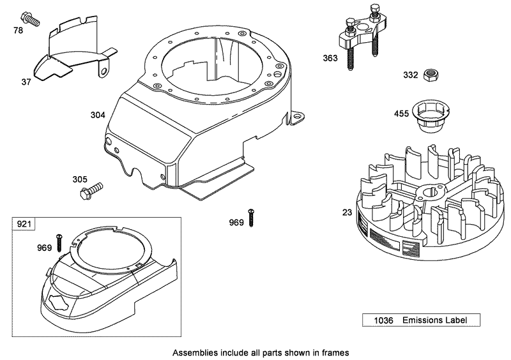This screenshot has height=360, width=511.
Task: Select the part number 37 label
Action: pyautogui.click(x=26, y=81)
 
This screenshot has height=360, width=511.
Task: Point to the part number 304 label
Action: pyautogui.click(x=98, y=116)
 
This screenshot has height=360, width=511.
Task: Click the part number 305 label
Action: pyautogui.click(x=79, y=179)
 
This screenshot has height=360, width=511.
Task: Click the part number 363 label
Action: pyautogui.click(x=330, y=57)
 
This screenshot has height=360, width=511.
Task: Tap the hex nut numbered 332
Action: pyautogui.click(x=431, y=75)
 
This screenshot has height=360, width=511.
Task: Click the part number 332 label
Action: pyautogui.click(x=410, y=75)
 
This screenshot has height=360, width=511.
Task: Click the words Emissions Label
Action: pyautogui.click(x=431, y=320)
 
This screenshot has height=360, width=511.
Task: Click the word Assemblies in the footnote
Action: pyautogui.click(x=197, y=352)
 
